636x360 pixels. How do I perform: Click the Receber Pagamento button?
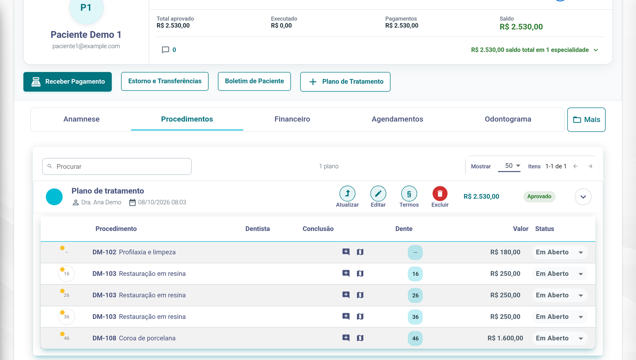point(68,82)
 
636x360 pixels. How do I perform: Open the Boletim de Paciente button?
point(254,81)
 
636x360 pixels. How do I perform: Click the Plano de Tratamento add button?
point(345,82)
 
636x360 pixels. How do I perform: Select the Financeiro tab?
point(292,119)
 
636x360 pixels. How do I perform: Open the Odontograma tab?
point(508,119)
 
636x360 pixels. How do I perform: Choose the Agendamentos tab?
point(397,119)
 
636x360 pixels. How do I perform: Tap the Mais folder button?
point(586,120)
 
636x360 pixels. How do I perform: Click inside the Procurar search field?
point(117,166)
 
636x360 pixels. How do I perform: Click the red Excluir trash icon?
point(440,194)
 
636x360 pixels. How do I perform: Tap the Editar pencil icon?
point(378,194)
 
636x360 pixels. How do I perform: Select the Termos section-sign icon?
point(409,194)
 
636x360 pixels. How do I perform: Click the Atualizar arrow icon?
point(347,194)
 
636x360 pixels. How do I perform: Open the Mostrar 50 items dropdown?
point(509,166)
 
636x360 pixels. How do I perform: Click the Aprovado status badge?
point(539,196)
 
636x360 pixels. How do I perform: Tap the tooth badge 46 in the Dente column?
point(415,338)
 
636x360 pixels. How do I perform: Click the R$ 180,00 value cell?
point(505,252)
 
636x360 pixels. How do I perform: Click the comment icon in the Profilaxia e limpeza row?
point(346,252)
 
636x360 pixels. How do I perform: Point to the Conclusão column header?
point(318,229)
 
